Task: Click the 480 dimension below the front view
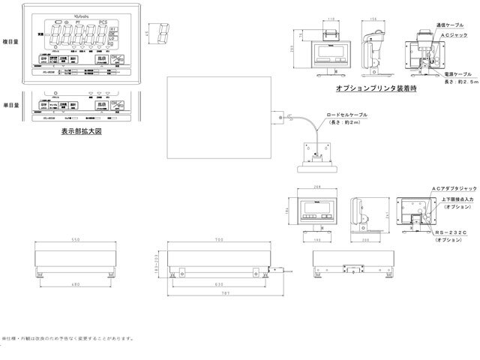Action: [74, 284]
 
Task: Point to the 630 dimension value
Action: [219, 284]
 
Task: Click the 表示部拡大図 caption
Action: [81, 130]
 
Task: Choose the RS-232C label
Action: [449, 233]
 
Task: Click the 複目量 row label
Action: [11, 43]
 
